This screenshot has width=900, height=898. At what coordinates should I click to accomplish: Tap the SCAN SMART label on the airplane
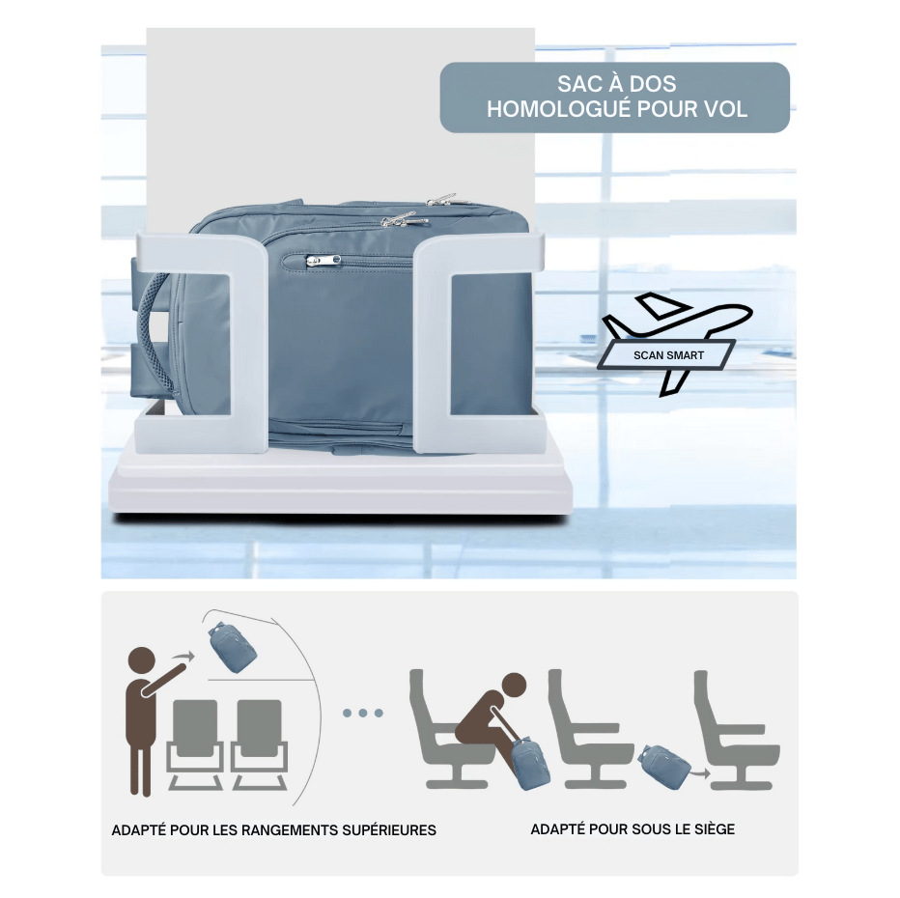[x=668, y=355]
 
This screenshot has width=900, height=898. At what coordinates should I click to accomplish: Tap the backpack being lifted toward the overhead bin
[x=232, y=648]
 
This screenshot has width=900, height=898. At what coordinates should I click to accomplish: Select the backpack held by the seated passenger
[x=530, y=764]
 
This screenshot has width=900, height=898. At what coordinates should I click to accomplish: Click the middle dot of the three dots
[x=363, y=713]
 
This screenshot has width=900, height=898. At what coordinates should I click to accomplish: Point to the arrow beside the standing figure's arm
[x=184, y=657]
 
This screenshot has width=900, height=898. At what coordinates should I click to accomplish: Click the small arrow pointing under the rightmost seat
[x=700, y=772]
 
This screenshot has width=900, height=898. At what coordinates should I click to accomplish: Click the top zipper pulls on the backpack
[x=425, y=209]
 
